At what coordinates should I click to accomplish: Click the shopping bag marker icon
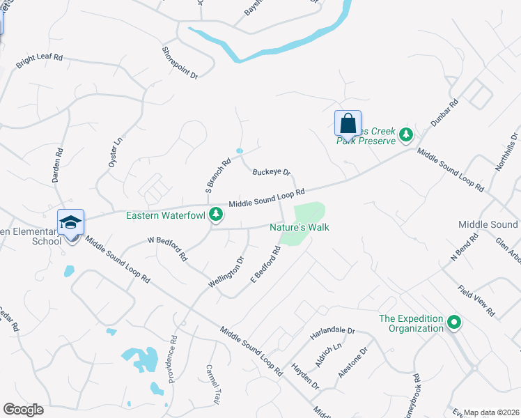(348, 123)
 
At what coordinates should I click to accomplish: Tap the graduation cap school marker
(70, 222)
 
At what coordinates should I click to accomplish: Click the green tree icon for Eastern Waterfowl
(216, 214)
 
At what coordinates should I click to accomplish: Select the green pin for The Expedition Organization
(454, 322)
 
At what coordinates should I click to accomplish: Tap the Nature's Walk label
(300, 227)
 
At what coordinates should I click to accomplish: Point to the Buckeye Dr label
(271, 171)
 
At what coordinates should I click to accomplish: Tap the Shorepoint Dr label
(180, 62)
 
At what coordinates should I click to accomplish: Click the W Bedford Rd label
(168, 248)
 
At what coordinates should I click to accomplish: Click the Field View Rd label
(476, 300)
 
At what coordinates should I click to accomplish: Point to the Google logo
(24, 410)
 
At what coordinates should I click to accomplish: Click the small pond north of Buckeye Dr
(240, 150)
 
